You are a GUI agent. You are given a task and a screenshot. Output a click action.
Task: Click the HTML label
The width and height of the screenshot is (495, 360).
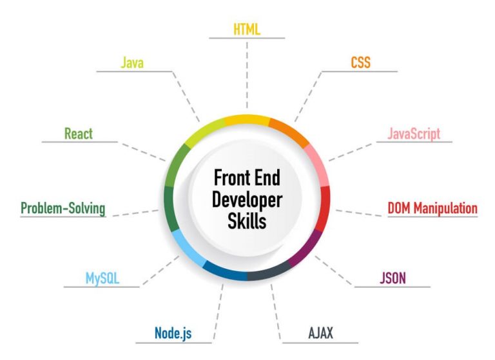click(247, 30)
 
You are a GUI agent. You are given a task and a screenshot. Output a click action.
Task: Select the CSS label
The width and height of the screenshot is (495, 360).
click(360, 63)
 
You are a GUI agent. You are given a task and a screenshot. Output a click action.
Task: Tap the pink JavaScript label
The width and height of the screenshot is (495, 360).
click(414, 134)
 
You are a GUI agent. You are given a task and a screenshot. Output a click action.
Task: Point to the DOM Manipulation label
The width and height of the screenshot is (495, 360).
click(432, 208)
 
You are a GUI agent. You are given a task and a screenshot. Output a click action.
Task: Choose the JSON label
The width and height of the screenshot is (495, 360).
click(393, 278)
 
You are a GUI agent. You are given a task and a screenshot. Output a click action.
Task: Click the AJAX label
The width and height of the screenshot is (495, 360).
click(320, 333)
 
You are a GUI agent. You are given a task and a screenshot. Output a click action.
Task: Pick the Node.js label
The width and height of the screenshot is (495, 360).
click(173, 333)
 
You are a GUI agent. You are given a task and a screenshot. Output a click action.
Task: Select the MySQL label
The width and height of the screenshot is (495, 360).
click(102, 279)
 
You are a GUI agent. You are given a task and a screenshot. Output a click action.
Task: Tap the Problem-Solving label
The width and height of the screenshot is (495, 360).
click(63, 208)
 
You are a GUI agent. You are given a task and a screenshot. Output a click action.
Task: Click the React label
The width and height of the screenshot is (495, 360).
click(79, 134)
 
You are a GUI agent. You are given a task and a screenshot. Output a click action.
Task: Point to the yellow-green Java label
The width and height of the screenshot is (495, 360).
click(132, 63)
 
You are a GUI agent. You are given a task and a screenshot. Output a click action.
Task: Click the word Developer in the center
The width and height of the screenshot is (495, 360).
click(247, 201)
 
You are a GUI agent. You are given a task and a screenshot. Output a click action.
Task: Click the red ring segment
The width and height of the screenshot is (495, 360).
click(325, 208)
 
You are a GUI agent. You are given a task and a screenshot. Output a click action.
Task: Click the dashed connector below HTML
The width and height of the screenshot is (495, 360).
click(247, 75)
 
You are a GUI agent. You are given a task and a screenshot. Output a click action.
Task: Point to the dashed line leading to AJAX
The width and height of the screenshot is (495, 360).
click(276, 312)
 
